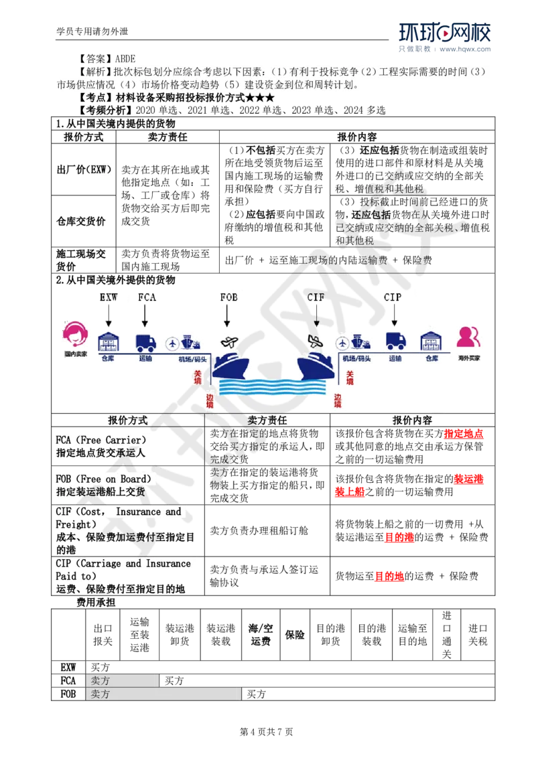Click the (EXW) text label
coord(99,170)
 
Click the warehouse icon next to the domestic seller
coord(108,342)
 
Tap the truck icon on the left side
coord(145,343)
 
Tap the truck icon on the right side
coord(395,342)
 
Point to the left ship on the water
coord(230,366)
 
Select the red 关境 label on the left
coord(198,377)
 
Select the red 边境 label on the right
coord(338,400)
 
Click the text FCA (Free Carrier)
coord(100,440)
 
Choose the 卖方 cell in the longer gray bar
coord(100,694)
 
